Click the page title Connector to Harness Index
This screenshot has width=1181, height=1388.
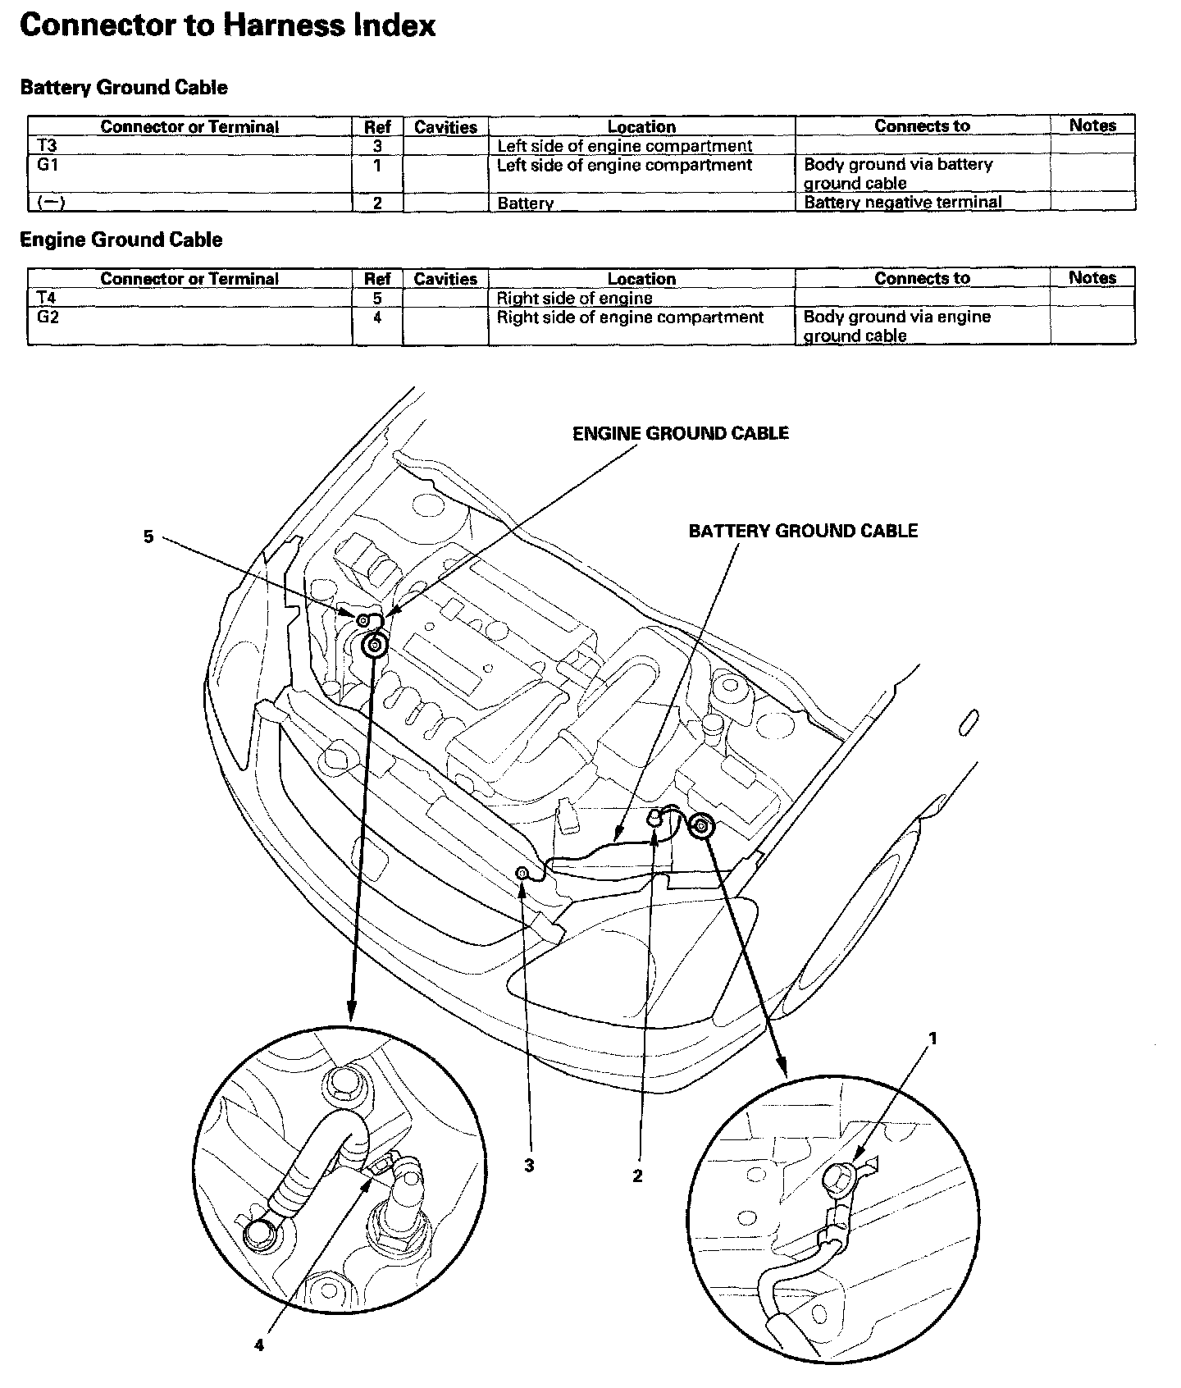227,25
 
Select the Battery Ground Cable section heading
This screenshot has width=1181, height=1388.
124,88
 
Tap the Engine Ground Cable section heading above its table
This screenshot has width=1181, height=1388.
121,240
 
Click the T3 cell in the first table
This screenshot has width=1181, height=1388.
47,146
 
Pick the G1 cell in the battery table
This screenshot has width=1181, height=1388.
48,165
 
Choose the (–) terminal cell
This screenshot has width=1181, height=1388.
51,203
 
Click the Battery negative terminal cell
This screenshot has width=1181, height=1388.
902,203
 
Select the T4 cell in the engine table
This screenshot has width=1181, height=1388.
47,298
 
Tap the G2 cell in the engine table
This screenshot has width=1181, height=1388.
48,317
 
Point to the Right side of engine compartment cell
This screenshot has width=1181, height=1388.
630,317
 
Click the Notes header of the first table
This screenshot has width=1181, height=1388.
1092,126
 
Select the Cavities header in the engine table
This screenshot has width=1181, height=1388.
445,279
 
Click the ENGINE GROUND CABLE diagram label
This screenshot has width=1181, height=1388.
680,433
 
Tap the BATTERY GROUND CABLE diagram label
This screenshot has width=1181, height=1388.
803,531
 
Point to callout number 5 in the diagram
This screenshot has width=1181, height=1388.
148,537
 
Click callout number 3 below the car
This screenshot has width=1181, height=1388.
529,1165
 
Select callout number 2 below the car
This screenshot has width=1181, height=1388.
637,1176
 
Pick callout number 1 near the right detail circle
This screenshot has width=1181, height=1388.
932,1039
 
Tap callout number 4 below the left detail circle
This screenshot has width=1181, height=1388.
259,1345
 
